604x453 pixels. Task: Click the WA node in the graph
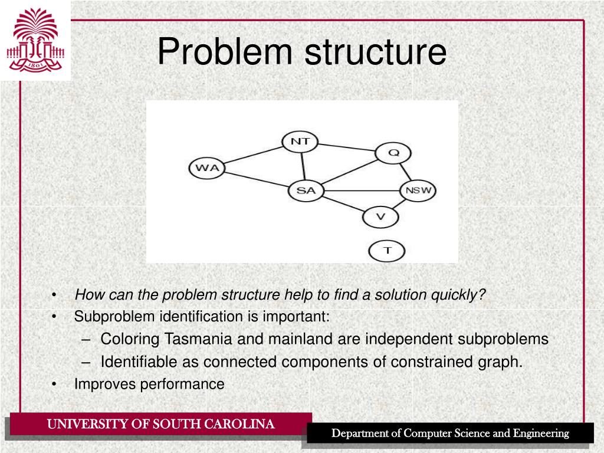coord(206,168)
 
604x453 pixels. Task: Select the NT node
coord(300,142)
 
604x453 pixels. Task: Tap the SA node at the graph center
coord(306,191)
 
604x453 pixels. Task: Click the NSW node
coord(418,191)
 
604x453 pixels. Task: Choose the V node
coord(380,216)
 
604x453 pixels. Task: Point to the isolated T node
coord(387,251)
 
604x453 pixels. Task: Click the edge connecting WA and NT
coord(254,155)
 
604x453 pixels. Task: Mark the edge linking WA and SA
coord(257,179)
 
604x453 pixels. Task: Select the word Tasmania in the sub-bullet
coord(199,339)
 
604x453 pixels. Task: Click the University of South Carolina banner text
coord(160,424)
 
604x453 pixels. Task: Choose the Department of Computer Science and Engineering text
coord(449,434)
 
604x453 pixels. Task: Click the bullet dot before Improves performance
coord(54,385)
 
